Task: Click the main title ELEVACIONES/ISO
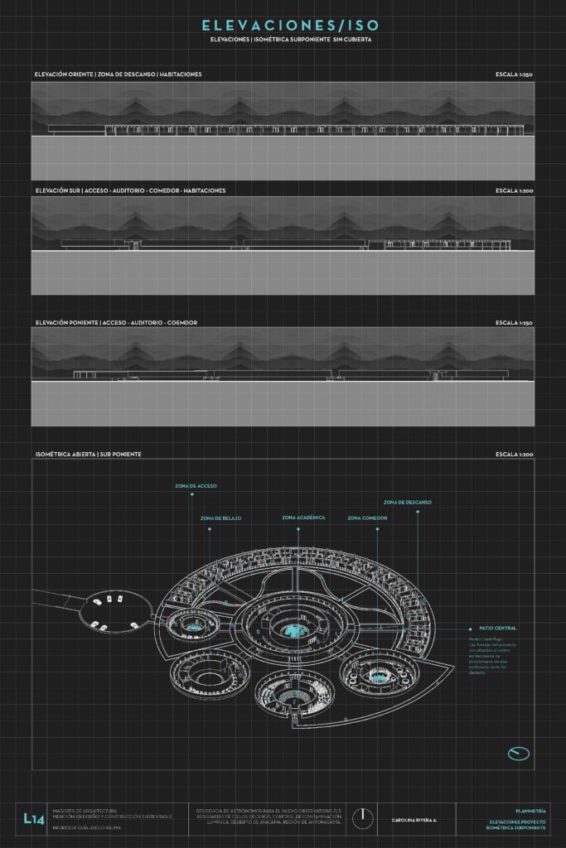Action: tap(283, 26)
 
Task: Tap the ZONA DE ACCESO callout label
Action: tap(196, 486)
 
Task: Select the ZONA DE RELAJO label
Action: tap(220, 518)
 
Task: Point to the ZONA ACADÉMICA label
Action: tap(303, 518)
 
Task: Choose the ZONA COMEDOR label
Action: tap(368, 518)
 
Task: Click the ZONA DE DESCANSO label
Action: tap(407, 503)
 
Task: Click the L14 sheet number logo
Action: tap(34, 818)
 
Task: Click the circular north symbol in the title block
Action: tap(362, 818)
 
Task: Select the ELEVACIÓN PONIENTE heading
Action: tap(65, 322)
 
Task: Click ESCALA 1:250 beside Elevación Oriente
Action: tap(515, 75)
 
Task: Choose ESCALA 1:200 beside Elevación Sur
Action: tap(515, 190)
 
